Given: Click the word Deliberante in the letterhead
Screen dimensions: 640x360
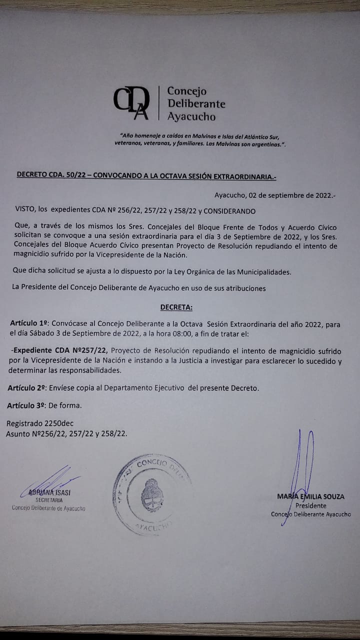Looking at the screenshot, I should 196,104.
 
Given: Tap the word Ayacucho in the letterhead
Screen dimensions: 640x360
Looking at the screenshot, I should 191,117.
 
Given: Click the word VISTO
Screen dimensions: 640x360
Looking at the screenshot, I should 25,211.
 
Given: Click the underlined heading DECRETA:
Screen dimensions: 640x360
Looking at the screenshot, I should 176,306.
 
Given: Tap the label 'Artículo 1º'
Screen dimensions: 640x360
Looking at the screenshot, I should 28,324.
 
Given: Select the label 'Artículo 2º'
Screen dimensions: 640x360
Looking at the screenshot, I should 27,387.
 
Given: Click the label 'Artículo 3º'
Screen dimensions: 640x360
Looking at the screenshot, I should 27,405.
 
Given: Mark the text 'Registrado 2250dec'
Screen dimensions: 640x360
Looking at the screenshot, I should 40,423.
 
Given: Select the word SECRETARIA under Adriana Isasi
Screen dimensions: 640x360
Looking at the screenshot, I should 49,500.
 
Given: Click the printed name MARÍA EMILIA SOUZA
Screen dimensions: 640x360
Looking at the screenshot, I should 310,496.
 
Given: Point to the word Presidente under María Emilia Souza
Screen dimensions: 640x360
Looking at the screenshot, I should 310,505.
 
